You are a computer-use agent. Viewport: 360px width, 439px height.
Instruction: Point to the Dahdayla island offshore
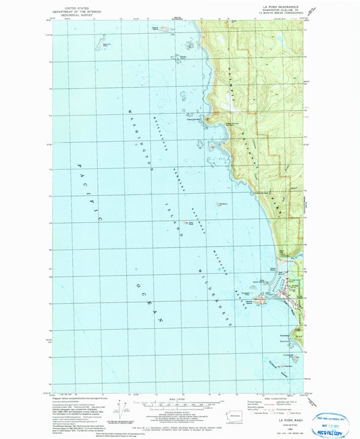[222, 205]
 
